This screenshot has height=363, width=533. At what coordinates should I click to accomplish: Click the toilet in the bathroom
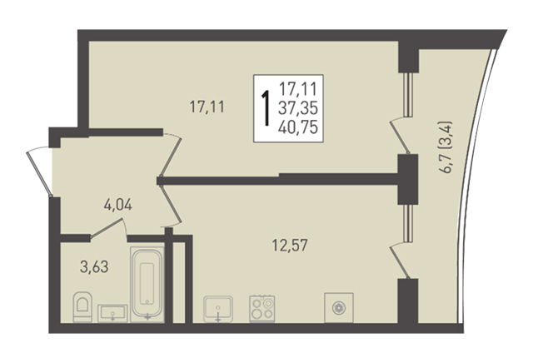coord(82,307)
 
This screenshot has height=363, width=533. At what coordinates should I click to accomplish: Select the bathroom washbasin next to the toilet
coord(112,313)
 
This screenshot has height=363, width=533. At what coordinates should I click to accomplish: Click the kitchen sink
coord(218,309)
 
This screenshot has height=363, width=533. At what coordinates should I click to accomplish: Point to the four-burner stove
coord(262,309)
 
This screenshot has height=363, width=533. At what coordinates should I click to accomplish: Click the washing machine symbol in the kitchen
coord(339,307)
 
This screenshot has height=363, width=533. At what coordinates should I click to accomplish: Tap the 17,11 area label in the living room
coord(207,107)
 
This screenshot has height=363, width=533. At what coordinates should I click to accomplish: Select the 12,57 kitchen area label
coord(290,245)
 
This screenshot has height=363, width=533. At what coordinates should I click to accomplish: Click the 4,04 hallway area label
coord(117,205)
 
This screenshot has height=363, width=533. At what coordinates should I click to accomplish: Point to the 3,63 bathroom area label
coord(94,266)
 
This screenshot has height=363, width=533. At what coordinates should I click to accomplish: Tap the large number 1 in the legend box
coord(266,108)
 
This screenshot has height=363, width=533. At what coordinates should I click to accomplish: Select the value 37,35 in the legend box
coord(298,108)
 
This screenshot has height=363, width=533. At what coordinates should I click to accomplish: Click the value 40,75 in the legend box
coord(298,127)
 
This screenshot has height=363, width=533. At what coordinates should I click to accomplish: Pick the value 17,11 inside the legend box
coord(298,89)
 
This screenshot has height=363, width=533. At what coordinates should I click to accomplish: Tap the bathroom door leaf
coord(106,228)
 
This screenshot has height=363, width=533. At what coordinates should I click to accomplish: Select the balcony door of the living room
coord(400,136)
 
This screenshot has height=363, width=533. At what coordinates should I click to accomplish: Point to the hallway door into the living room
coord(172,155)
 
